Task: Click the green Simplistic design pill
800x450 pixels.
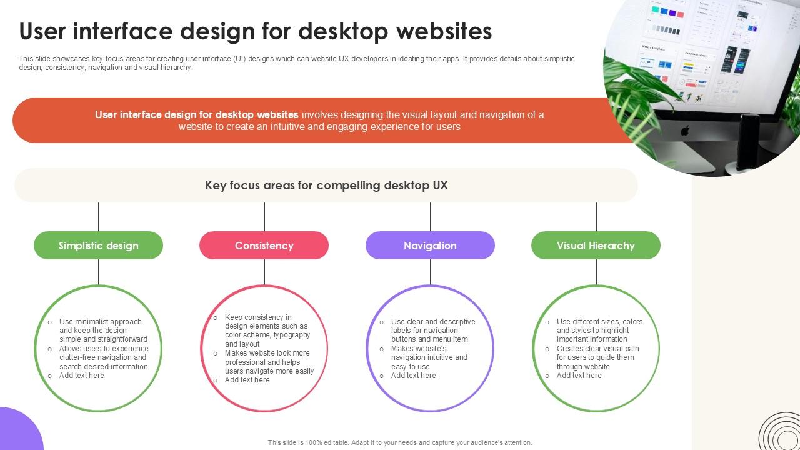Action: click(x=98, y=246)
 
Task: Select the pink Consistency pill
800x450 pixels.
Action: click(x=264, y=246)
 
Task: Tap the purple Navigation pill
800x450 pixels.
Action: click(x=430, y=246)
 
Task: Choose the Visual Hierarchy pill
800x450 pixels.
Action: click(x=596, y=246)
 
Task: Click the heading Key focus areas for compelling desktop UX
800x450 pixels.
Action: click(x=326, y=186)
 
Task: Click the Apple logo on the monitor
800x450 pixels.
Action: click(x=684, y=131)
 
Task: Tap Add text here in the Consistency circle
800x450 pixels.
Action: click(x=247, y=380)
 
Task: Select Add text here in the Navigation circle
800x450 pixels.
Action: click(x=413, y=376)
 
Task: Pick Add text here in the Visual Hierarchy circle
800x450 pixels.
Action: click(x=579, y=376)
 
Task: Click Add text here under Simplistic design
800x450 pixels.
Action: click(x=82, y=376)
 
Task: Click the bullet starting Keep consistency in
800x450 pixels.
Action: click(x=267, y=331)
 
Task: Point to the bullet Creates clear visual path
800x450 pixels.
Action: click(x=597, y=357)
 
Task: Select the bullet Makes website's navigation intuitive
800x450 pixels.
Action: click(x=429, y=357)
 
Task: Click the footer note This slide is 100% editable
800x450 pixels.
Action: click(x=400, y=442)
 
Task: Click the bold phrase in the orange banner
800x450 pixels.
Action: click(x=196, y=115)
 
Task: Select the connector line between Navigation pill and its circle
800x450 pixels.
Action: click(x=430, y=272)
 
